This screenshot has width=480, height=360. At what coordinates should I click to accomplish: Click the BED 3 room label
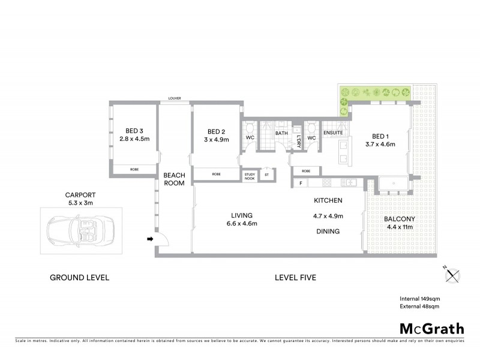(x=134, y=131)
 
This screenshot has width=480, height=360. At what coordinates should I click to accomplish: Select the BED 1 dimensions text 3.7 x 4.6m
(x=380, y=144)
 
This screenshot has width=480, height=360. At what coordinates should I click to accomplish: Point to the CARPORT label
(x=81, y=194)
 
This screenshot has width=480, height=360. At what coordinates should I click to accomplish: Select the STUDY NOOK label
(x=250, y=176)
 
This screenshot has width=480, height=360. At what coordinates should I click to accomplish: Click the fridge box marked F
(x=301, y=182)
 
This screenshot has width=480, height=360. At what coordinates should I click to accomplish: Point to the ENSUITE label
(x=332, y=133)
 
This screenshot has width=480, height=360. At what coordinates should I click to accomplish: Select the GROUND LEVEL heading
(x=79, y=278)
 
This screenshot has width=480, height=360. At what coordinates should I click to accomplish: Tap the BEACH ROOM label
(x=175, y=179)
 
